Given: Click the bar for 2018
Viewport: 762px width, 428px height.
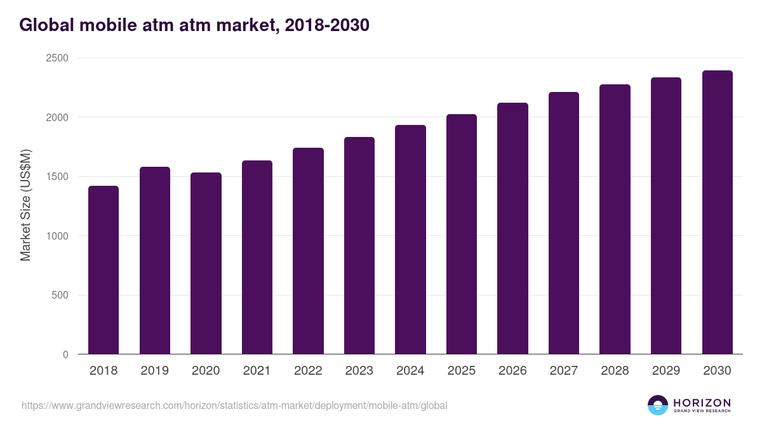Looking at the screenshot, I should (104, 270).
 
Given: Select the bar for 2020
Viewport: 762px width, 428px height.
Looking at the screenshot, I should (206, 263).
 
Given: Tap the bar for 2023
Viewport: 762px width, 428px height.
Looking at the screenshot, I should (359, 245).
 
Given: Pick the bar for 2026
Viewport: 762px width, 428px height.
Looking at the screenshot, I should (512, 228).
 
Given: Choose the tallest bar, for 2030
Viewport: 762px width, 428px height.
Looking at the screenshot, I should (717, 212).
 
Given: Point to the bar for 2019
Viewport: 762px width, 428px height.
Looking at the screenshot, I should (155, 261).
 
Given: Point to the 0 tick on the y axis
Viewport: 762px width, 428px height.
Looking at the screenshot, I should (65, 354).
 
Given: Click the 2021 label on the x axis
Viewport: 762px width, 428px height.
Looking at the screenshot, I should (257, 371).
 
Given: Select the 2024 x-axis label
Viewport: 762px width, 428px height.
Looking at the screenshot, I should (410, 371).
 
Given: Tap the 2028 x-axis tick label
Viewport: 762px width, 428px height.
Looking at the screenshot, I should (615, 371).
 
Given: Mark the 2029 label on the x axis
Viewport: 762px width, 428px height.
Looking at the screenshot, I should (666, 371).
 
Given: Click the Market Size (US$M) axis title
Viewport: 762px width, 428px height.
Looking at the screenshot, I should (25, 205).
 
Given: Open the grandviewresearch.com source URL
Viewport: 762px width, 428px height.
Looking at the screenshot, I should (234, 405).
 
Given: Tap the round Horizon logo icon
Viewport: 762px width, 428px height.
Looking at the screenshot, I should (657, 405).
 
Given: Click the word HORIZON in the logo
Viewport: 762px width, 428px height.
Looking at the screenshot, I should (702, 403).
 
